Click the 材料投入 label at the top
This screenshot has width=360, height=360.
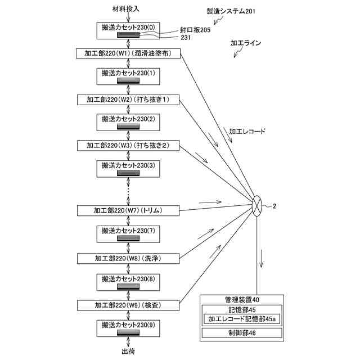coord(126,9)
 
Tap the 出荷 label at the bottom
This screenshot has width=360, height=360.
coord(128,351)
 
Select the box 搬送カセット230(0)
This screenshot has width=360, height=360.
coord(128,30)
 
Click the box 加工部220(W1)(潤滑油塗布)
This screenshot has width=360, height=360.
coord(128,53)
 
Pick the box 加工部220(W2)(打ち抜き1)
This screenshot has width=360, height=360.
coord(128,100)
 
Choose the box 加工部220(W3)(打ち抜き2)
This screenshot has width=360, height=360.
coord(128,145)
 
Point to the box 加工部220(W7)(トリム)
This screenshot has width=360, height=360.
coord(128,210)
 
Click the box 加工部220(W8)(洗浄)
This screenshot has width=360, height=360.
coord(128,259)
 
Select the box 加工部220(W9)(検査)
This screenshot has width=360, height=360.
coord(128,305)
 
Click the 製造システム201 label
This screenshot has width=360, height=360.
coord(231,11)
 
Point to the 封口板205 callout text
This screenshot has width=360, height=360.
coord(195,30)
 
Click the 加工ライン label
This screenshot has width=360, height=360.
coord(246,43)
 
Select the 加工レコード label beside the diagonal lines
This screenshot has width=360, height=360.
coord(247,131)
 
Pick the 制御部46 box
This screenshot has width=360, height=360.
coord(242,332)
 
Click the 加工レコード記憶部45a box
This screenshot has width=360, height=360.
coord(242,319)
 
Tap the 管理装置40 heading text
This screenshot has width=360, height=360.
coord(242,300)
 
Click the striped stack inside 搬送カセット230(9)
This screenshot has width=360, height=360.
coord(128,332)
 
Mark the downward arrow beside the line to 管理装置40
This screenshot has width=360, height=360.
coord(261,258)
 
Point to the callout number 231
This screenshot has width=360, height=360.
coord(186,38)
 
